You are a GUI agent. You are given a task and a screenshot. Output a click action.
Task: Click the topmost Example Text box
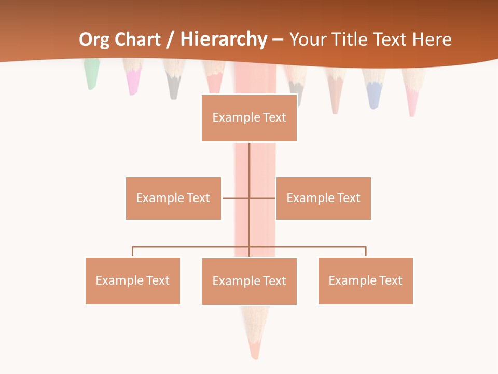(x=249, y=118)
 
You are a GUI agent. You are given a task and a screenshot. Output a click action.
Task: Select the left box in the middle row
(x=173, y=198)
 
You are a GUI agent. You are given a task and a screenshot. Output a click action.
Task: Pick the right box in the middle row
(x=323, y=198)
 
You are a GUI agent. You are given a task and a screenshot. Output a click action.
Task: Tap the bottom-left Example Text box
(x=132, y=280)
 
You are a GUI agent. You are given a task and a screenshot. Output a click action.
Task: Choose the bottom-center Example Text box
(x=249, y=281)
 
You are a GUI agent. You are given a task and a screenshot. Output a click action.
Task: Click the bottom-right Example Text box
(x=365, y=280)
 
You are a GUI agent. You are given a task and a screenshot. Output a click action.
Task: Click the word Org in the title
(x=93, y=39)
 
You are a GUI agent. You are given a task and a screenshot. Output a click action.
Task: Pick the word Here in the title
(x=432, y=39)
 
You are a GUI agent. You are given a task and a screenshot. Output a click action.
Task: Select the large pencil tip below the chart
(x=254, y=332)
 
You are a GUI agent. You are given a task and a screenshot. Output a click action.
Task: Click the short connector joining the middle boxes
(x=237, y=198)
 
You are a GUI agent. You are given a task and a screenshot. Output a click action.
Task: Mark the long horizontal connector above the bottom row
(x=192, y=247)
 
